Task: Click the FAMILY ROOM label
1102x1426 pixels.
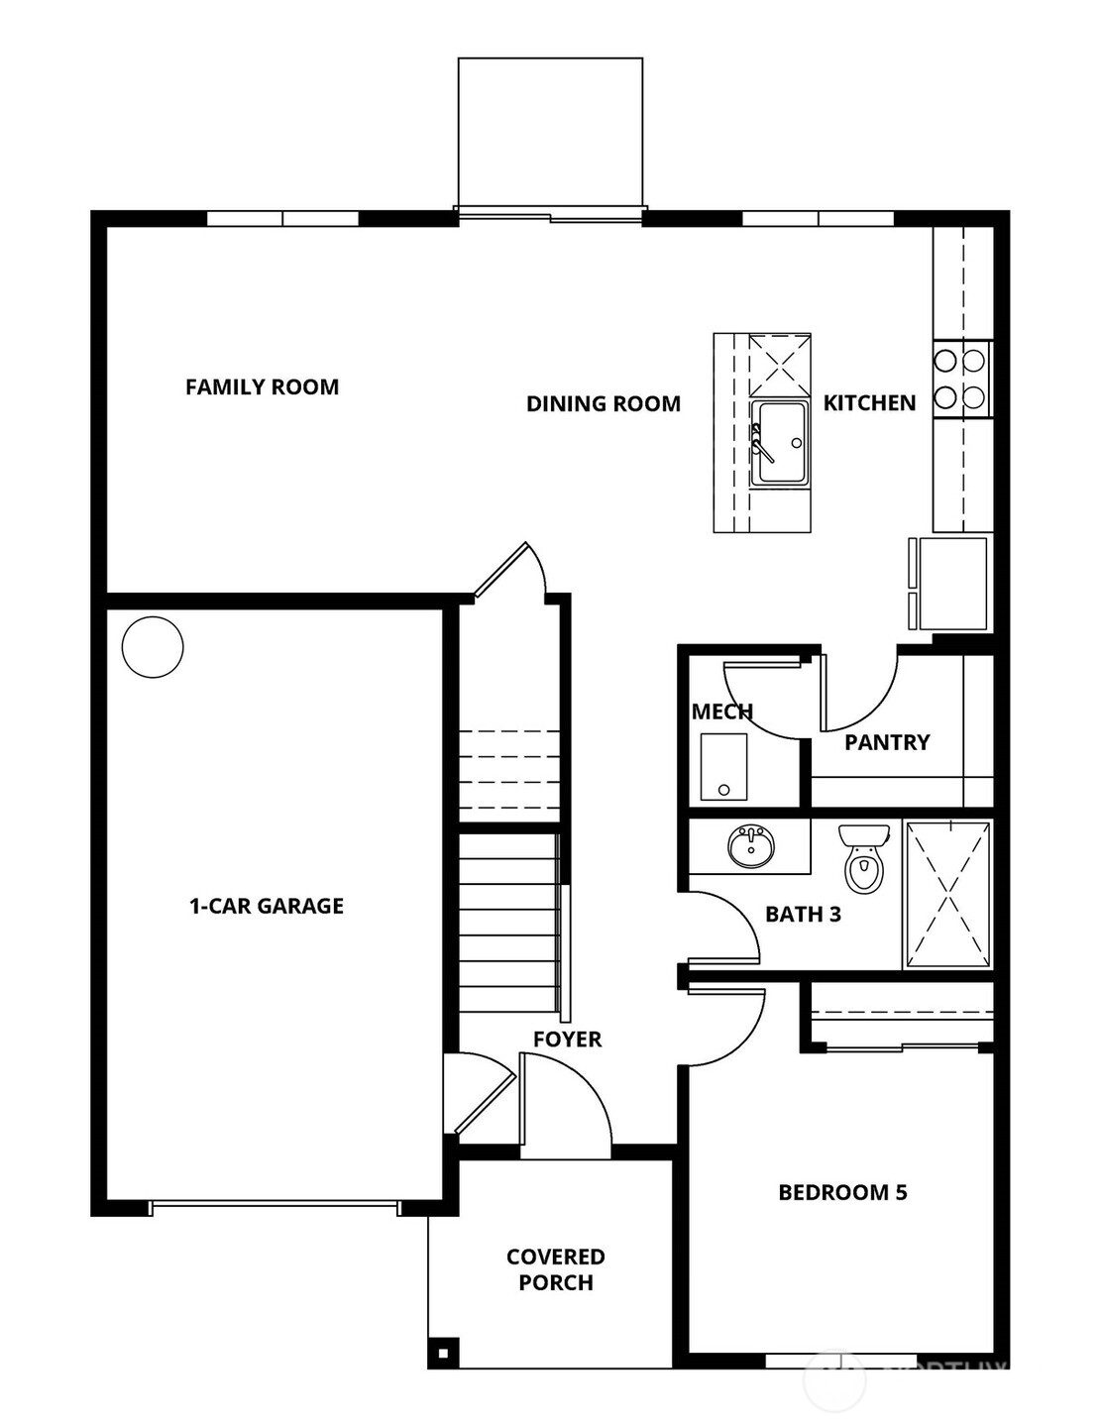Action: [x=262, y=387]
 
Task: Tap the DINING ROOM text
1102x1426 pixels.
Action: [x=603, y=404]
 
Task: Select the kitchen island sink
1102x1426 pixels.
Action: [x=779, y=442]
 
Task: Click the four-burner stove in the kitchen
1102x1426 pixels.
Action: [x=960, y=379]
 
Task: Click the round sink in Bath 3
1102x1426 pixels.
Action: [x=751, y=847]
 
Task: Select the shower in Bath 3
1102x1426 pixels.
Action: [x=948, y=893]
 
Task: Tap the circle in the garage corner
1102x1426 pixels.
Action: [x=153, y=647]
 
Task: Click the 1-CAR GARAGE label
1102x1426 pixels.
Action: [x=267, y=906]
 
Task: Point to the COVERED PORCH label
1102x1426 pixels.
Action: [x=555, y=1269]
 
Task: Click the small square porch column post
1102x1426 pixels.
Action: [x=442, y=1353]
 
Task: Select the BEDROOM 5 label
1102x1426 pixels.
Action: [x=842, y=1192]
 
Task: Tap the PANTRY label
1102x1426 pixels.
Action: [x=887, y=742]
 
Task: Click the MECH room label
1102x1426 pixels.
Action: [x=721, y=712]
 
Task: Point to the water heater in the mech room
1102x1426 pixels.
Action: [x=723, y=766]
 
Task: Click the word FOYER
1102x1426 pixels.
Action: [x=567, y=1040]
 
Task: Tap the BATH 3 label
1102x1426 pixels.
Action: [x=803, y=915]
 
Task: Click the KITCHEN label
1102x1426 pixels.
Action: [x=869, y=403]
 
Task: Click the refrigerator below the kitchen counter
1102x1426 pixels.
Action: [x=952, y=584]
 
